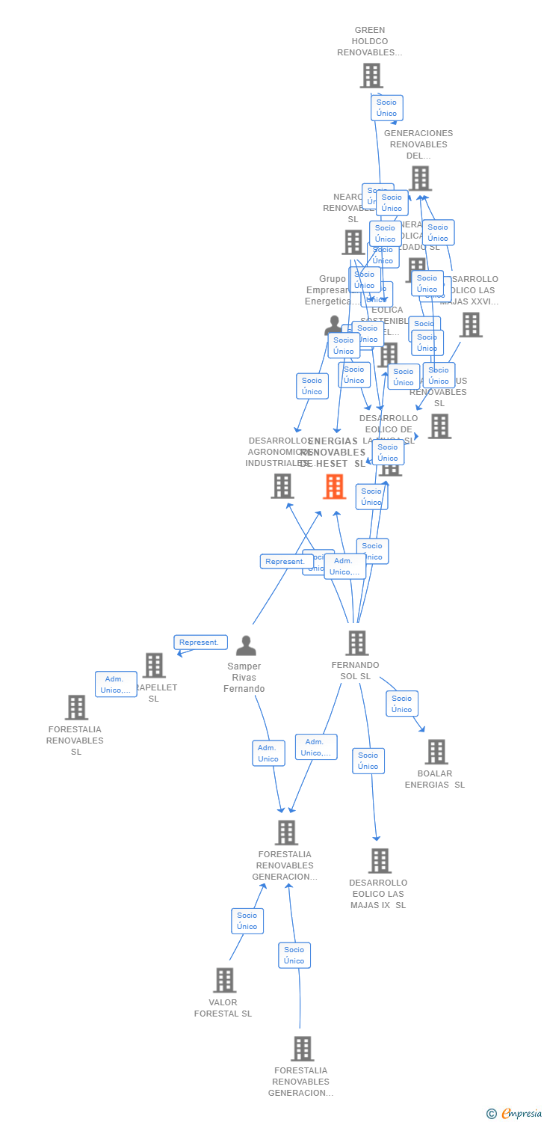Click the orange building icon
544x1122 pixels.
(334, 486)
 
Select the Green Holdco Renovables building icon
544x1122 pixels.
(371, 76)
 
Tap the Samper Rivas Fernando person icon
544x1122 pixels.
(246, 646)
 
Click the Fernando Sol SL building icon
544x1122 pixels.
(356, 643)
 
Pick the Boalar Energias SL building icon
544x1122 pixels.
(436, 752)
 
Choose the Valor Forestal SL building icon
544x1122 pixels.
(224, 980)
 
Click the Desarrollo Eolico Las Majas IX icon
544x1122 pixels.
(380, 861)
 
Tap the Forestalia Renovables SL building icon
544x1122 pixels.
(76, 708)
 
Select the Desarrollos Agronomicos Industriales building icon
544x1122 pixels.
(282, 486)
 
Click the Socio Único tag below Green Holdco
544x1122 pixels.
(386, 108)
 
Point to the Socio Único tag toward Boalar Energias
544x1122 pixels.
(401, 703)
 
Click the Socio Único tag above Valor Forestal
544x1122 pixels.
(247, 921)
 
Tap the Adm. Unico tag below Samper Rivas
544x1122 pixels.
(268, 753)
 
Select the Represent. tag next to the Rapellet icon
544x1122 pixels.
(200, 642)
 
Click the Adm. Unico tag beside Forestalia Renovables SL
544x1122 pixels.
(116, 684)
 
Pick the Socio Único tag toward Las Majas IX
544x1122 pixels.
(368, 761)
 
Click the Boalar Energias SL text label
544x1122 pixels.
(435, 779)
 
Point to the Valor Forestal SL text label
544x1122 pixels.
(223, 1008)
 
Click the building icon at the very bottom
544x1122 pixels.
(302, 1049)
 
